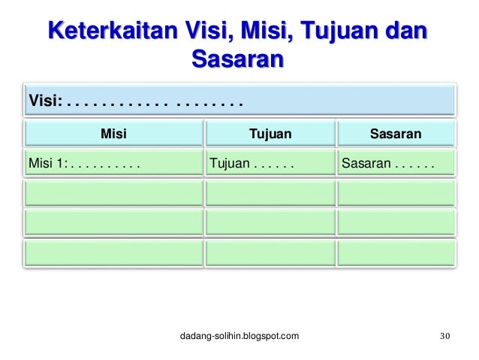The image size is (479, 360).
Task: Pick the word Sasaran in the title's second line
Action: [x=238, y=58]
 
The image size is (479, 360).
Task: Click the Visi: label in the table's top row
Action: [x=45, y=100]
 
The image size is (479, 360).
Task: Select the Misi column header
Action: [x=113, y=134]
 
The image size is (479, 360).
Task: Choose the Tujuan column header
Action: [x=270, y=134]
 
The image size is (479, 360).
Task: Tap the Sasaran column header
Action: [x=396, y=134]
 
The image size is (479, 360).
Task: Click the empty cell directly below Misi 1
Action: [x=113, y=192]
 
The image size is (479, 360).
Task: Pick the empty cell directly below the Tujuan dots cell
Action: [x=270, y=192]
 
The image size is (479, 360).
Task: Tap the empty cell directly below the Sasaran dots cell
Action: [x=396, y=192]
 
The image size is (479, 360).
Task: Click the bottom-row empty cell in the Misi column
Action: [x=113, y=253]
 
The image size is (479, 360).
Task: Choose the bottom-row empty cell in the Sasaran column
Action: [x=396, y=253]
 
